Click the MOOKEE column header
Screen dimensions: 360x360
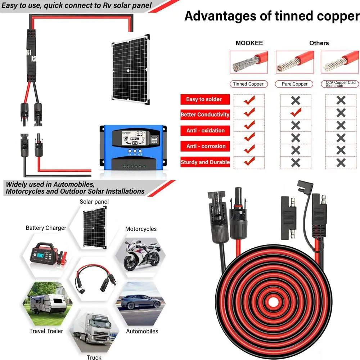tap(249, 43)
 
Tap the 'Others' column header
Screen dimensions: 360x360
tap(319, 43)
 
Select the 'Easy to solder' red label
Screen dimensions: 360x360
tap(204, 99)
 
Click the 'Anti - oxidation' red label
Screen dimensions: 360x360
tap(205, 131)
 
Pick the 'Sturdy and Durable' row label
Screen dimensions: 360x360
tap(205, 162)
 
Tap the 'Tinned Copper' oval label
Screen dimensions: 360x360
tap(248, 84)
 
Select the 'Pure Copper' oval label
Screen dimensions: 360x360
tap(294, 84)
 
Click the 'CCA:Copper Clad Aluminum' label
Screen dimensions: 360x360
tap(340, 84)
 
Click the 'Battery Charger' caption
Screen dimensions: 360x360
tap(46, 228)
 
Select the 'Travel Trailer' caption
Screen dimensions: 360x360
tap(46, 331)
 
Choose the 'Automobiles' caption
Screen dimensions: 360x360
tap(142, 331)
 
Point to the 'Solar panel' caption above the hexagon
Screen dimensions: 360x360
tap(94, 202)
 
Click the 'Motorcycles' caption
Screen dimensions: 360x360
tap(141, 229)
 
